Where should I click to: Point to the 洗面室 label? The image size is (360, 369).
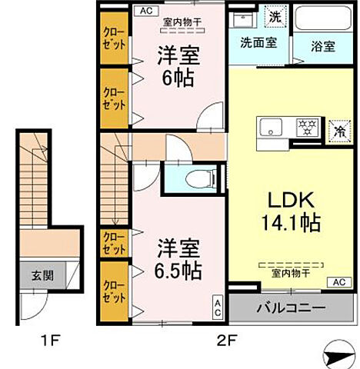click(x=255, y=44)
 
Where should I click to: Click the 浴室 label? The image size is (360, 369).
click(x=322, y=46)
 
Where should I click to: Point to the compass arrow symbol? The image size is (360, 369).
click(x=338, y=355)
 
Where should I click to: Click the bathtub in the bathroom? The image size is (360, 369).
click(x=322, y=20)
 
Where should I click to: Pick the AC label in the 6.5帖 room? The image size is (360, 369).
click(x=218, y=307)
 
